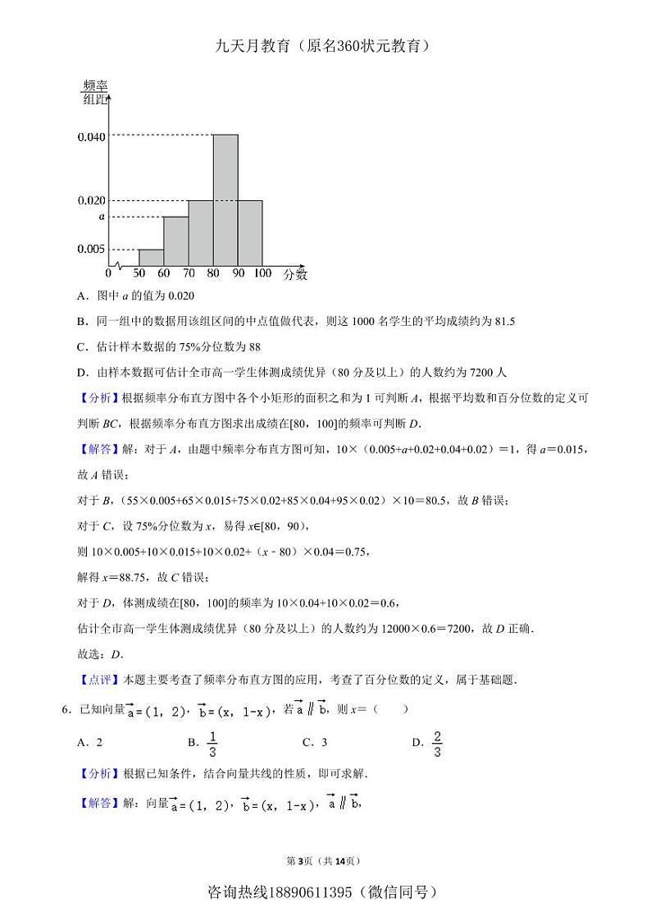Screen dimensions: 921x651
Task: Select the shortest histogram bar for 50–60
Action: [151, 257]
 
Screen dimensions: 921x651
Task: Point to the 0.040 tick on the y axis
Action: [91, 136]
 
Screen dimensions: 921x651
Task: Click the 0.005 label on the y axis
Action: [91, 249]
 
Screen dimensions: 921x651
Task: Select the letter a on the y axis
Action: [102, 217]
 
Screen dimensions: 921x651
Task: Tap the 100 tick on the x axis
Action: [262, 273]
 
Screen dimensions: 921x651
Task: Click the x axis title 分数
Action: [295, 274]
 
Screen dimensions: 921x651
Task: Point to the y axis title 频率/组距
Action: [95, 93]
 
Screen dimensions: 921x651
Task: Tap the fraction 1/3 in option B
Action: [212, 743]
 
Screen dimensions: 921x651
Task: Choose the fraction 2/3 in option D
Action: [437, 743]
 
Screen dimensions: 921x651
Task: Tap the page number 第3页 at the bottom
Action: [300, 861]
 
